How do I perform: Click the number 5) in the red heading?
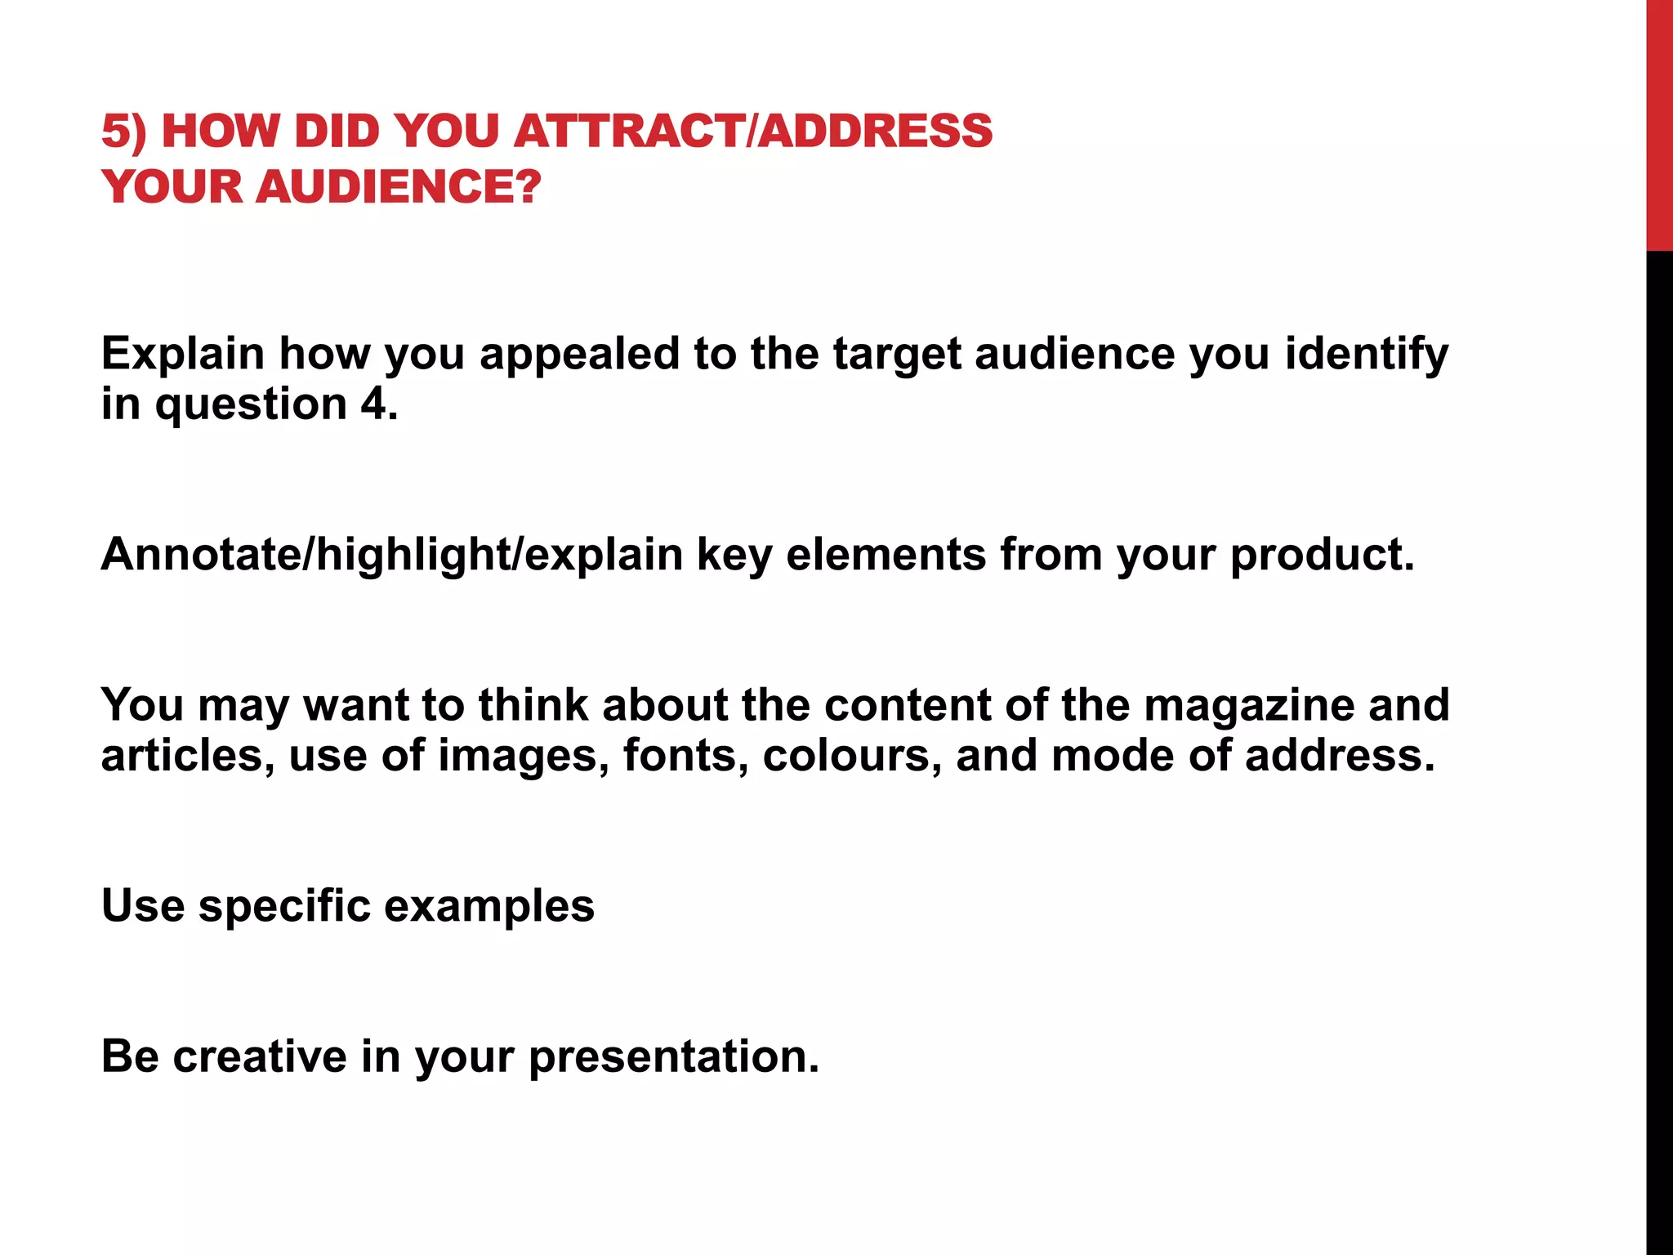(x=124, y=132)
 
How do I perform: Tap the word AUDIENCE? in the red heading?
(x=399, y=187)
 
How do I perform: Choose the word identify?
(x=1367, y=355)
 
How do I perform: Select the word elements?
(x=886, y=555)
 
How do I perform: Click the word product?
(x=1322, y=555)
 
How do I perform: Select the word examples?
(x=489, y=906)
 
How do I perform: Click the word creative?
(x=260, y=1056)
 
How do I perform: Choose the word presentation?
(x=674, y=1056)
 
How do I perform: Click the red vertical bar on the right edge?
(x=1659, y=125)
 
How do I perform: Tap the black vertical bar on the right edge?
(x=1659, y=752)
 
